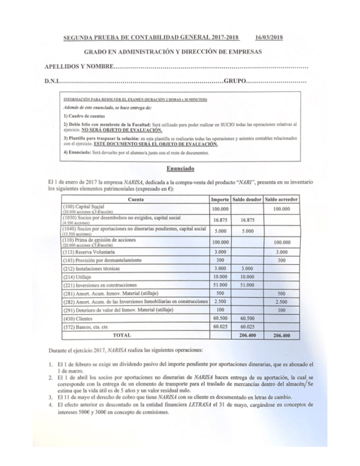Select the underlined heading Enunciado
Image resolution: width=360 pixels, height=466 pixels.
[x=180, y=169]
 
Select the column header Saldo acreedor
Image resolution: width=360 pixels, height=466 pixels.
[x=282, y=198]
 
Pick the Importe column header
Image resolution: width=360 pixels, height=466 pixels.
[x=220, y=198]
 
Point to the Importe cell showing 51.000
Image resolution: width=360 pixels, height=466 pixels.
[x=220, y=287]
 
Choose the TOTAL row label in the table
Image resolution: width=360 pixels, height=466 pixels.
[x=122, y=334]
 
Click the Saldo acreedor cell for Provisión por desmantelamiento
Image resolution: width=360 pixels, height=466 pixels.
[x=282, y=260]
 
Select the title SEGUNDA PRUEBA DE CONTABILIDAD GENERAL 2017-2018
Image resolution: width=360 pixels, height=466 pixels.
[x=152, y=38]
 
